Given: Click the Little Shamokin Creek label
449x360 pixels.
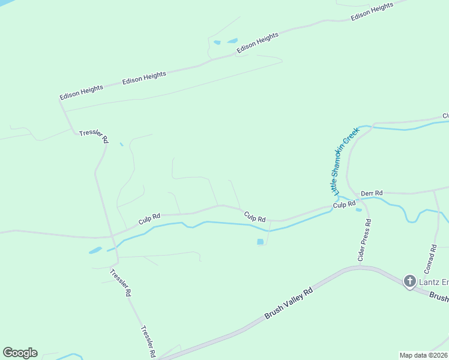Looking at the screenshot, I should click(x=346, y=160).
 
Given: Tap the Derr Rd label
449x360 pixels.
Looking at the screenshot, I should click(x=372, y=194).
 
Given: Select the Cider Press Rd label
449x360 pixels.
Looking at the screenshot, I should click(x=369, y=240).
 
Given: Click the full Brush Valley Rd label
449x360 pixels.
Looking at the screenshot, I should click(x=289, y=303).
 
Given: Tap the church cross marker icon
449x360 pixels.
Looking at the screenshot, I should click(x=409, y=281).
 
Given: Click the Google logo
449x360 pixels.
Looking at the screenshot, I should click(x=20, y=353).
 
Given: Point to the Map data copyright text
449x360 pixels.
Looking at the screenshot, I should click(x=423, y=355).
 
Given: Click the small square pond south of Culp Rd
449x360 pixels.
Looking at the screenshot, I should click(x=260, y=242).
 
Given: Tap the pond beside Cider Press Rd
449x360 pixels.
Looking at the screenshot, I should click(x=359, y=209).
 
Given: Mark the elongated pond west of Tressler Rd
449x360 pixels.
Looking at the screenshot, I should click(x=95, y=250).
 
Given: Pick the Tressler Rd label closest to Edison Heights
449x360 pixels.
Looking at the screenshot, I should click(x=94, y=136).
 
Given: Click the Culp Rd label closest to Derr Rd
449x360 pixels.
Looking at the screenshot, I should click(x=344, y=205).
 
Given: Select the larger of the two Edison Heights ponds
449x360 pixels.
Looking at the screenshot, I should click(x=232, y=41).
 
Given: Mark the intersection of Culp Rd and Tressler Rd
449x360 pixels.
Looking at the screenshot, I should click(x=112, y=236).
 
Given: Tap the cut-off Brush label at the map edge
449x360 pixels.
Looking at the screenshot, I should click(x=439, y=298).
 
